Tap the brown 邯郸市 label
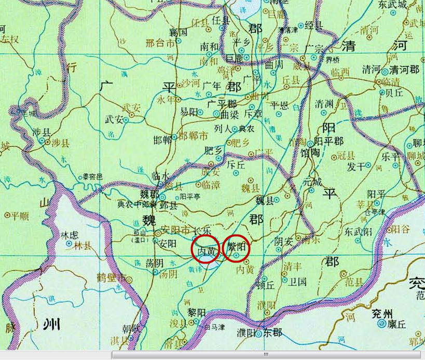(x=193, y=136)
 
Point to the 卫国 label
(x=297, y=282)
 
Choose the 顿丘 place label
(x=265, y=284)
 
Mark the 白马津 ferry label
(x=214, y=327)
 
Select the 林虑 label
(x=69, y=234)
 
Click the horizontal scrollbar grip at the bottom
(x=266, y=355)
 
